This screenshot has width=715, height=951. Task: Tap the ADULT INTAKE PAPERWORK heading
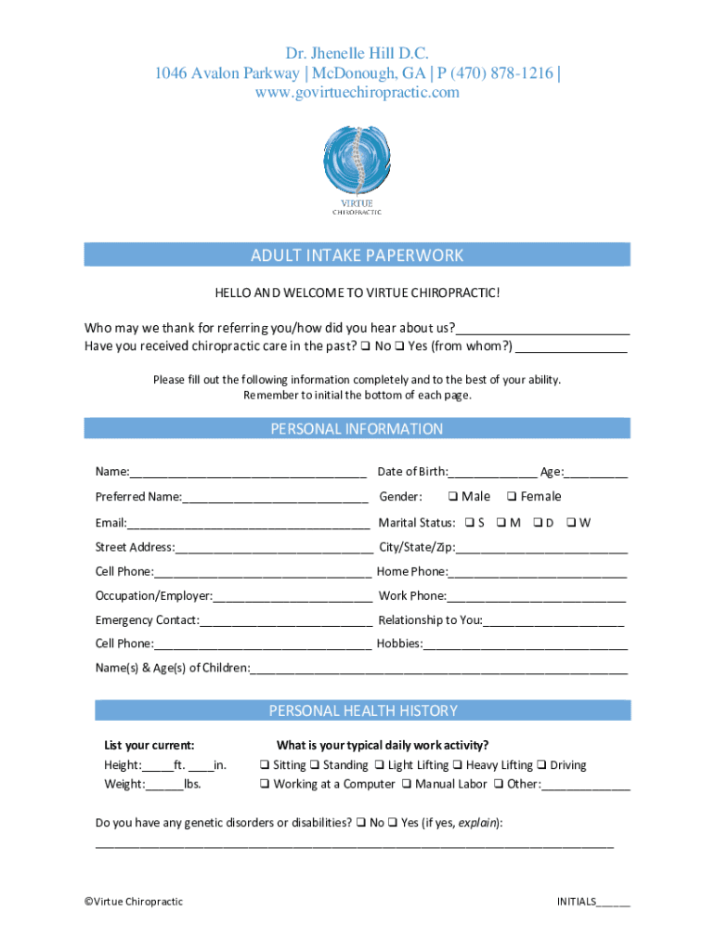pos(357,255)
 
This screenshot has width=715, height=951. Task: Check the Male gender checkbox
pos(452,497)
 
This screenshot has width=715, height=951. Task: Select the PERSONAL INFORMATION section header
pos(357,429)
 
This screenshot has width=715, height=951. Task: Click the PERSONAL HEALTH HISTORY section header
pos(363,710)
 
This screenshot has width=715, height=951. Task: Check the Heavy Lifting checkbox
pos(458,765)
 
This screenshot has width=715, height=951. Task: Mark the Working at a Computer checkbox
pos(265,785)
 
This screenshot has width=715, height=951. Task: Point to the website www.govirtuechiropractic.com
pos(357,93)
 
